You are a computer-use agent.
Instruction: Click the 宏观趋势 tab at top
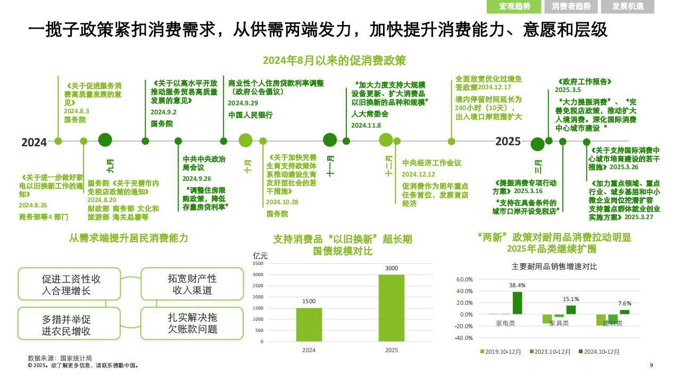pos(514,6)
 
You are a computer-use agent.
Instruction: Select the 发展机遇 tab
pos(627,6)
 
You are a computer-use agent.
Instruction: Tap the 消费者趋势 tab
pos(571,6)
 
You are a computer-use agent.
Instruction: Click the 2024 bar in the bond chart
pos(309,324)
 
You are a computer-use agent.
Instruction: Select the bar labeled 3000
pos(391,307)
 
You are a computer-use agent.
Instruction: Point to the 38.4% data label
pos(517,286)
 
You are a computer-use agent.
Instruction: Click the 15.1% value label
pos(571,299)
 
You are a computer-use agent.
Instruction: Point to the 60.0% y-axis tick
pos(464,279)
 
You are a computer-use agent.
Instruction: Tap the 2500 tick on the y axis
pos(258,286)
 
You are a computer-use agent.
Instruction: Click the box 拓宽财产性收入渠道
pos(192,284)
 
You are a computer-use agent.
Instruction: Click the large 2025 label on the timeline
pos(508,141)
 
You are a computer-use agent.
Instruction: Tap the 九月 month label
pos(110,165)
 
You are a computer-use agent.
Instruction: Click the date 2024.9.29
pos(243,103)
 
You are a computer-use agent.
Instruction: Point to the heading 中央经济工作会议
pos(431,163)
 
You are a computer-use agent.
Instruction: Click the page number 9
pos(651,365)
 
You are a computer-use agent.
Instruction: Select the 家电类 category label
pos(505,323)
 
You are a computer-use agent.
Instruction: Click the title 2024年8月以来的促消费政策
pos(334,60)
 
